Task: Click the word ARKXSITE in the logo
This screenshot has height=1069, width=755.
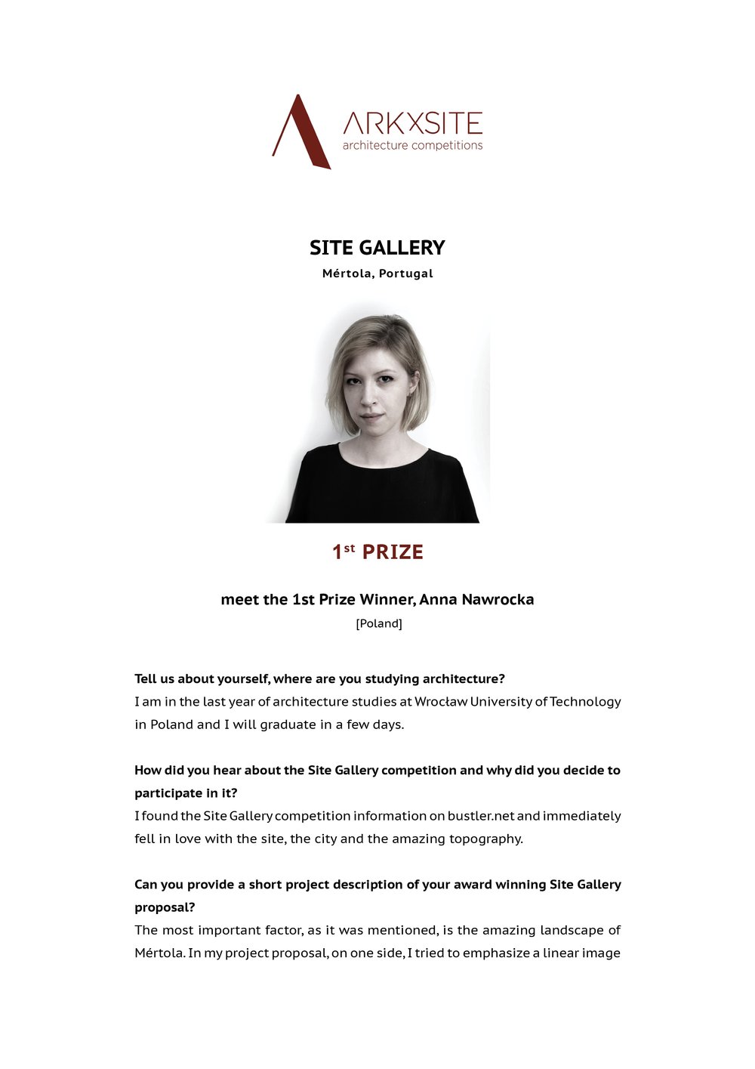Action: [412, 123]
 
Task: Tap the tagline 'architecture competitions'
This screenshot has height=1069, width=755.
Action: [412, 145]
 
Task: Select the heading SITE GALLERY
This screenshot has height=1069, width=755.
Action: [377, 248]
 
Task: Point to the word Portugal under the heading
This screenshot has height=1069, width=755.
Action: [405, 273]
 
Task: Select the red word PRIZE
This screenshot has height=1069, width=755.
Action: [393, 552]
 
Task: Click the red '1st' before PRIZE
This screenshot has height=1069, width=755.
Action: [343, 551]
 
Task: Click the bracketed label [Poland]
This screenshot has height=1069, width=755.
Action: [379, 623]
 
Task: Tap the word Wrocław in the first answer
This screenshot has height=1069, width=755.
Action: [441, 701]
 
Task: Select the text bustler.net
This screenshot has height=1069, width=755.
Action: [480, 816]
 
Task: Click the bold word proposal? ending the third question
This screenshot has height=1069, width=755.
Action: [165, 907]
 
